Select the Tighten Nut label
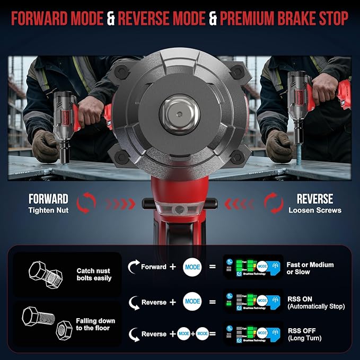point(48,210)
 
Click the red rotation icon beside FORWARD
point(87,203)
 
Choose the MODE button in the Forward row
point(192,267)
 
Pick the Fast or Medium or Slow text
point(313,268)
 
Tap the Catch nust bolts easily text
point(94,274)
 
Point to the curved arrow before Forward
point(133,267)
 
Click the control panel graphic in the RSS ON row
point(252,302)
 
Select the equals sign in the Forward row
point(213,267)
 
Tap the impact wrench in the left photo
point(69,119)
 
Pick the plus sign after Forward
point(173,267)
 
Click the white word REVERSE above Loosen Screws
point(315,199)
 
